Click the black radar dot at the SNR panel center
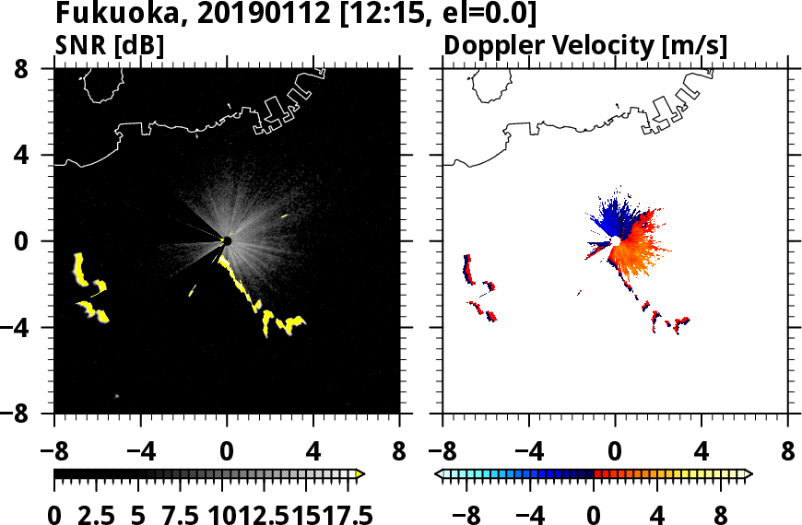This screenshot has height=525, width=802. click(x=227, y=241)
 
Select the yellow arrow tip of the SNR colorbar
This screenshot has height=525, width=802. click(x=360, y=473)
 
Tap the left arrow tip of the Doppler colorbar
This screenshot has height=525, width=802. click(x=438, y=473)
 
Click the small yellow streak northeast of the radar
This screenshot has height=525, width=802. click(x=284, y=216)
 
